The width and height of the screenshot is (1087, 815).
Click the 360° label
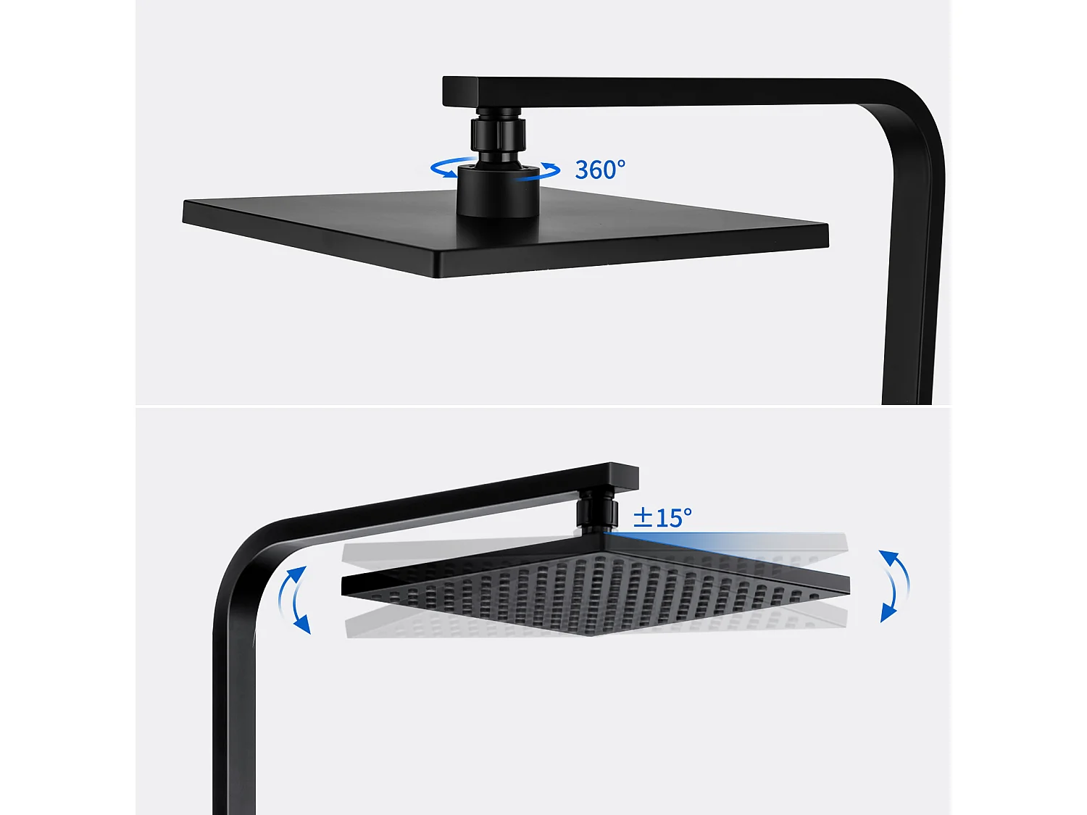[x=599, y=170]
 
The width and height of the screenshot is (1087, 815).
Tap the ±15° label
[x=662, y=517]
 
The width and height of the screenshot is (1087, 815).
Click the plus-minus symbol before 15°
[x=643, y=517]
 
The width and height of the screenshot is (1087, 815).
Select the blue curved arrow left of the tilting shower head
[x=294, y=600]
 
